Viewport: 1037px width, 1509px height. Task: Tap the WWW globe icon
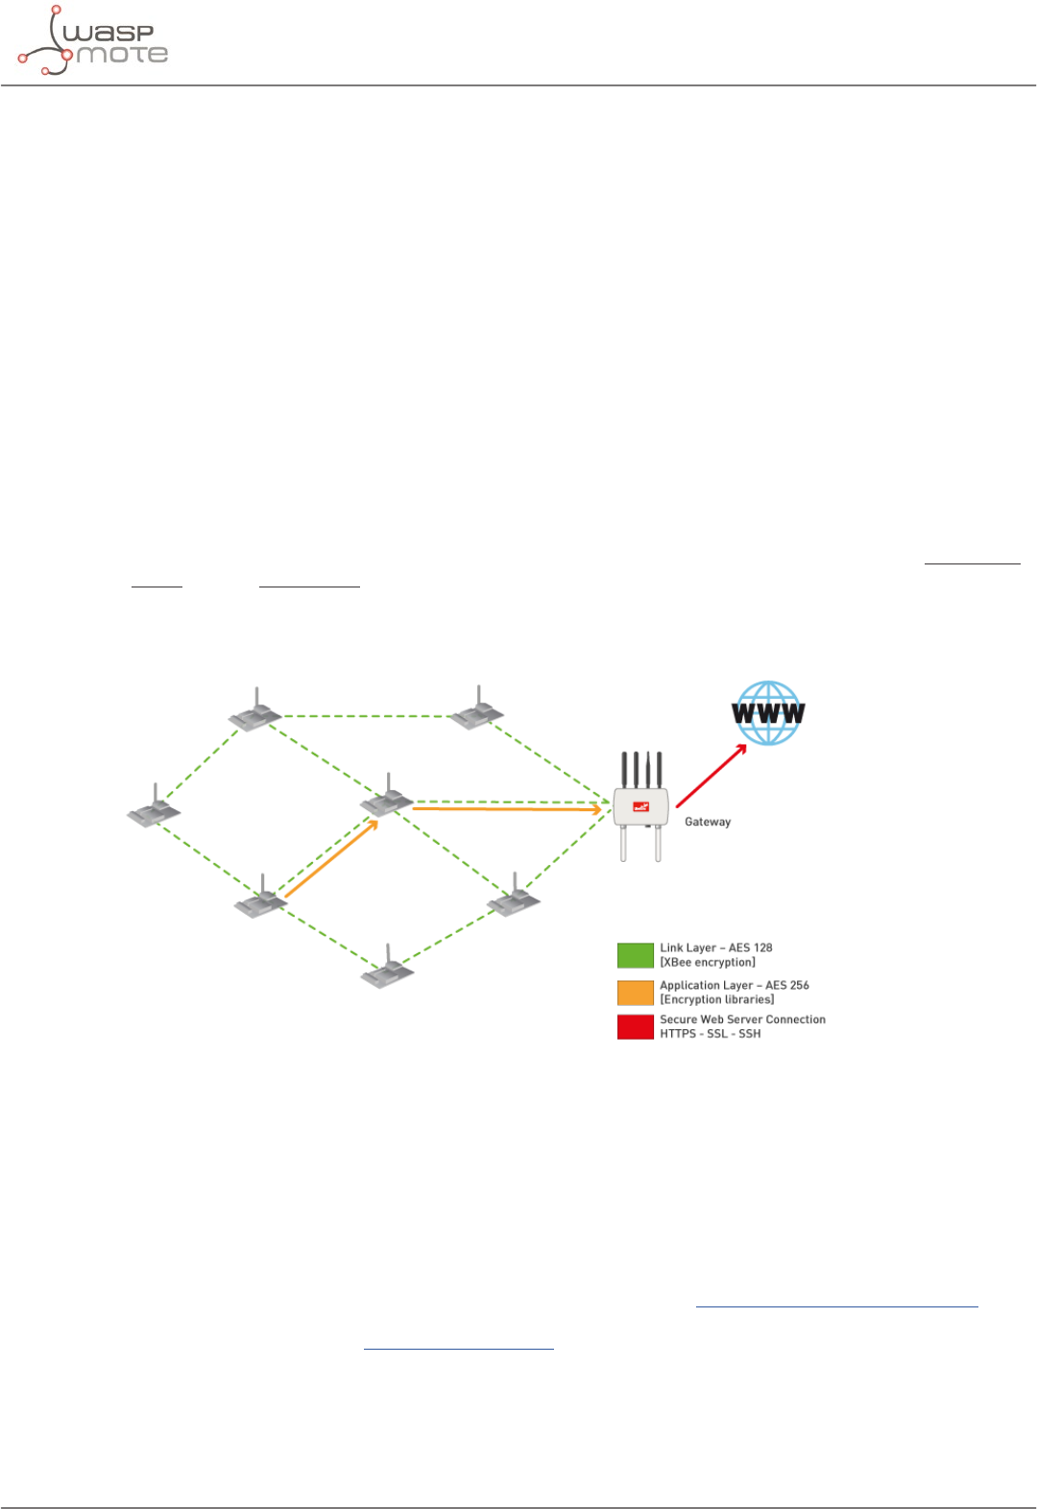click(768, 713)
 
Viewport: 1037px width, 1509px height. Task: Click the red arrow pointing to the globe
click(711, 776)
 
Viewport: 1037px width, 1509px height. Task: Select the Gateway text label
click(708, 822)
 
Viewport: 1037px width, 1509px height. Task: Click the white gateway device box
click(640, 807)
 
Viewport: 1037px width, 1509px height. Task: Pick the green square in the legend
click(635, 955)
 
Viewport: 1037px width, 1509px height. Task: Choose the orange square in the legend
click(635, 993)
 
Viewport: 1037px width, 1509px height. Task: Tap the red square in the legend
click(635, 1027)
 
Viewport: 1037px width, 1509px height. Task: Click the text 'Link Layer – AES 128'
click(715, 947)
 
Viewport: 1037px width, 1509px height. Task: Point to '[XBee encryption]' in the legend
click(707, 962)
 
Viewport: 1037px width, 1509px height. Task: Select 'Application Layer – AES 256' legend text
click(734, 985)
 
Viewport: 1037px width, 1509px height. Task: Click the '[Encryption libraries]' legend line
click(716, 999)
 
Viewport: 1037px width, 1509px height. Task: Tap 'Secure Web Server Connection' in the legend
click(742, 1019)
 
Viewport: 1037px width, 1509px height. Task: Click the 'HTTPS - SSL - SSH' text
click(710, 1034)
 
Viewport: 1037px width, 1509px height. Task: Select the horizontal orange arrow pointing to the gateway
click(507, 809)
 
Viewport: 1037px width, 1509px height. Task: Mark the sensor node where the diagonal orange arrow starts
click(261, 901)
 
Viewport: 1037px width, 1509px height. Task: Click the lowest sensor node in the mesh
click(387, 971)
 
